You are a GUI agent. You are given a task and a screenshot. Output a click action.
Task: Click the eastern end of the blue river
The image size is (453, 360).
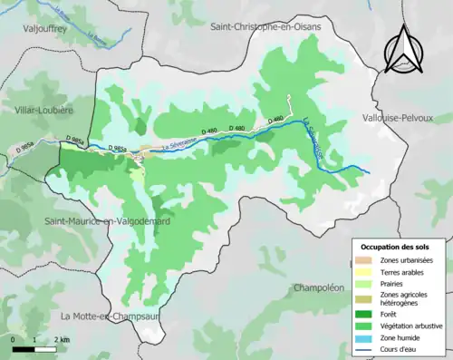click(370, 171)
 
